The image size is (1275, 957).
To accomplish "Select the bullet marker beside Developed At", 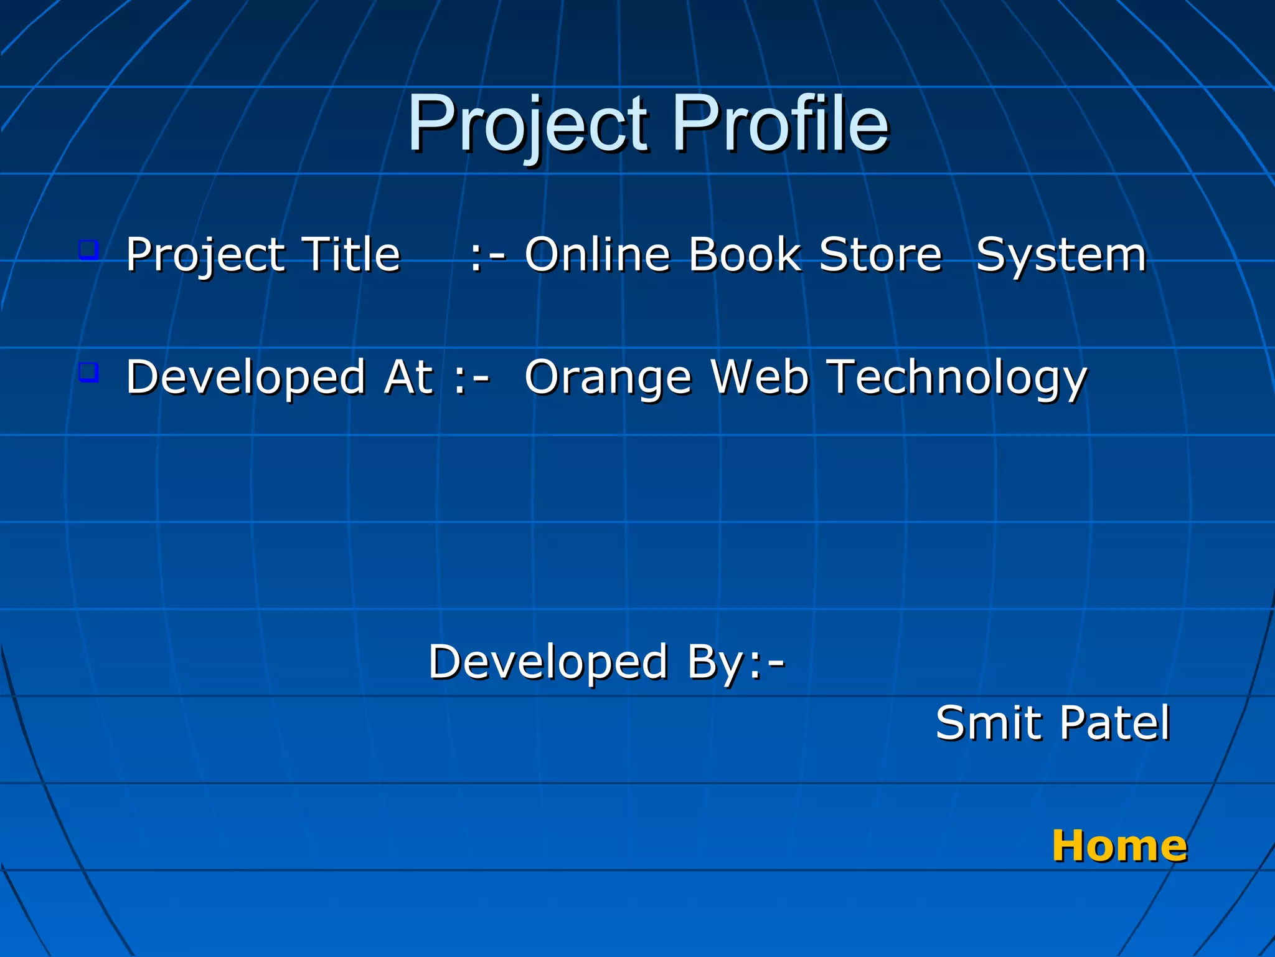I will [x=89, y=373].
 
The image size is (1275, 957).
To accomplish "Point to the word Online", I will [x=597, y=255].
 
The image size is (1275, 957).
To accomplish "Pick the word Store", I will [x=880, y=255].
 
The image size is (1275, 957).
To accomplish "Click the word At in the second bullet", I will [x=408, y=378].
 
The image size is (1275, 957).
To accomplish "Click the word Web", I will [x=760, y=378].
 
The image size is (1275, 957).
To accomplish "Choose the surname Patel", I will [x=1115, y=723].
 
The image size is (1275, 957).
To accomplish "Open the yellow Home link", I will [x=1119, y=846].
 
